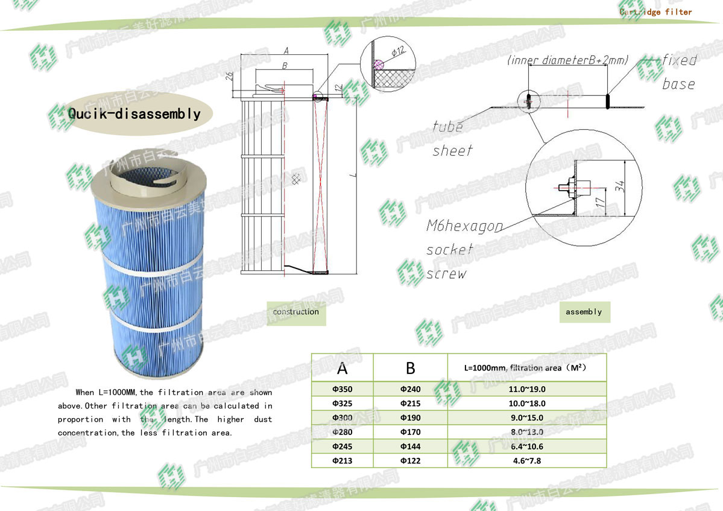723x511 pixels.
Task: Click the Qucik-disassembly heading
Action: [134, 113]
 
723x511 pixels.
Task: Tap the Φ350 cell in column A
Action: [342, 389]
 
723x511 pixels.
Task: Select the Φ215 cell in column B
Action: [410, 403]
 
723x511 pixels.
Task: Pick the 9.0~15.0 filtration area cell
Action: [526, 417]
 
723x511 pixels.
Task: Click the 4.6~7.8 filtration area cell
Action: [526, 461]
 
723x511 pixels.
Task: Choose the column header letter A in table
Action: [342, 368]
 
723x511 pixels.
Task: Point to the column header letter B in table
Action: [410, 368]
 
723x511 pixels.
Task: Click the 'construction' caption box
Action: [295, 312]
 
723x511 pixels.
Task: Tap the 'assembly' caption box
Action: [584, 312]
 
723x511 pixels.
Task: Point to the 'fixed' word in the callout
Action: [679, 60]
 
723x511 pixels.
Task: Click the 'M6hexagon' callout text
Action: [464, 226]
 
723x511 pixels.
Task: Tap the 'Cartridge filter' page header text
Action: [655, 11]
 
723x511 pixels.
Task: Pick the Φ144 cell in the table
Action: [410, 446]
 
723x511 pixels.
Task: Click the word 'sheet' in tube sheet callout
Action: [452, 150]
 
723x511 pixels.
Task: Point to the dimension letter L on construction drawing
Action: [355, 176]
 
